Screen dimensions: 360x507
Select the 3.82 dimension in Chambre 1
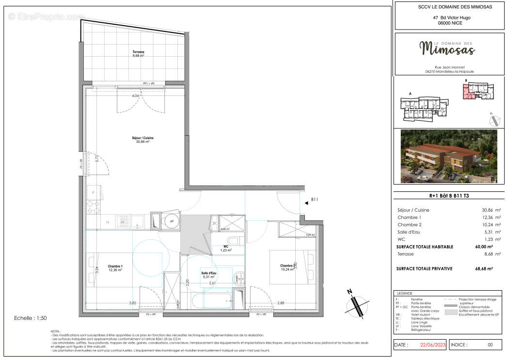tap(132, 303)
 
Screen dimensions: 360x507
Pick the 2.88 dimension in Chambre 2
tap(281, 303)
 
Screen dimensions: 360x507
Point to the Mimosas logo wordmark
tap(447, 49)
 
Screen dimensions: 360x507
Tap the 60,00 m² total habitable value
tap(483, 247)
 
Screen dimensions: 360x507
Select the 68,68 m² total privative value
tap(483, 268)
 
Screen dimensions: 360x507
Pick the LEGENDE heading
tap(405, 294)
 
